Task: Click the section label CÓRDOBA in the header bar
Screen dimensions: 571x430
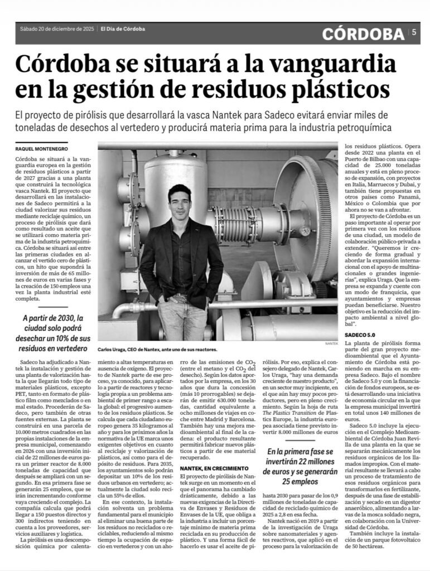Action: coord(363,34)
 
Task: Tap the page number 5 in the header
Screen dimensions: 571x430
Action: coord(414,33)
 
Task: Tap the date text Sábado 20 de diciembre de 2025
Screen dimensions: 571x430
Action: coord(57,29)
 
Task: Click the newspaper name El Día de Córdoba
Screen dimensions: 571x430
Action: coord(123,29)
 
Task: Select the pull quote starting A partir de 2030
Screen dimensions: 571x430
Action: coord(56,332)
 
